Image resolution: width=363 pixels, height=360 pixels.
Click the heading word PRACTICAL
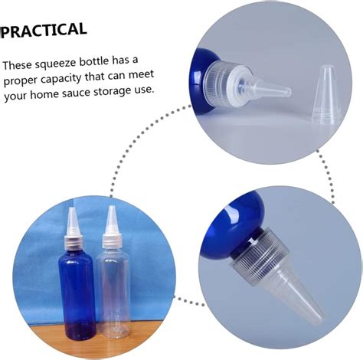44,30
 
